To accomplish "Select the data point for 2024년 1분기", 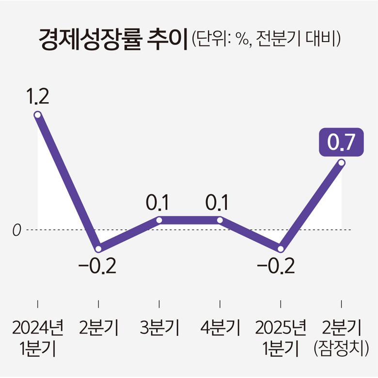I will click(37, 115).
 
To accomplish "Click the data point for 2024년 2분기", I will click(98, 249).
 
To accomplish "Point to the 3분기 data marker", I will click(159, 220).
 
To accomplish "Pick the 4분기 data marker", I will click(220, 220).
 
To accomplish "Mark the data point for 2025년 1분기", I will click(281, 249).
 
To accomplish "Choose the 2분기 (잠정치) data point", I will click(342, 163).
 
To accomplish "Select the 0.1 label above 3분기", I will click(159, 203).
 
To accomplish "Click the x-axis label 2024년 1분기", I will click(37, 338).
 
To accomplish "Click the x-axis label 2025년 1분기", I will click(281, 338).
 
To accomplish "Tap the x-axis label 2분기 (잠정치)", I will click(342, 338).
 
